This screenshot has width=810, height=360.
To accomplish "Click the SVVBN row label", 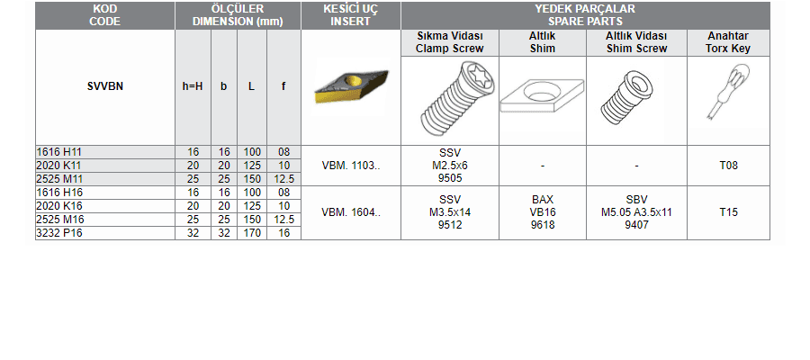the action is (105, 86).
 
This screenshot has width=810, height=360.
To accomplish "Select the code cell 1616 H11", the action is (59, 152).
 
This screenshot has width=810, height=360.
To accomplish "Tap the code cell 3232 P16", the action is (59, 233).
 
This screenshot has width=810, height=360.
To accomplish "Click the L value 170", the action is (252, 233).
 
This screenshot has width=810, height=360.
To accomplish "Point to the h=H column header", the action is (193, 86).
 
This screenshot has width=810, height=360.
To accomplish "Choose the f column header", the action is (283, 86).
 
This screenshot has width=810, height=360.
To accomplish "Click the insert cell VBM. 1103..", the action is (351, 166).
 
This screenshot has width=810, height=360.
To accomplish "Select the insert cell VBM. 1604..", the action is (351, 212).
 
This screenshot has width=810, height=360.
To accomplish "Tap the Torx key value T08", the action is (728, 166).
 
